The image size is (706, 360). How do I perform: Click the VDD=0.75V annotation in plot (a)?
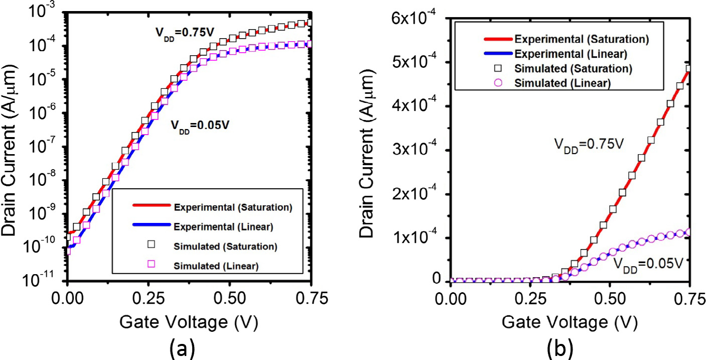coord(184,32)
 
